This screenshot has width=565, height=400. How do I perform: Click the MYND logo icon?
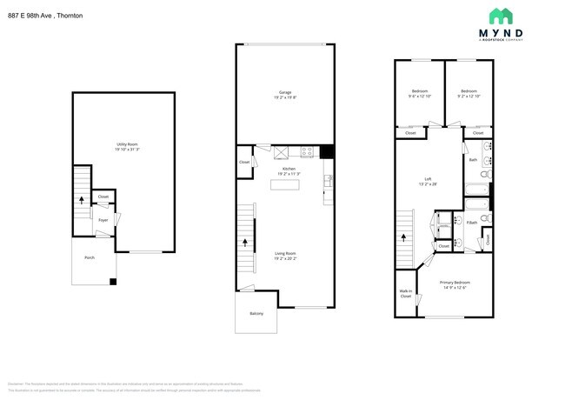pyautogui.click(x=501, y=16)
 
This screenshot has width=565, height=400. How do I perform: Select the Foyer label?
pyautogui.click(x=102, y=221)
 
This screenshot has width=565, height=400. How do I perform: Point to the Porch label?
pyautogui.click(x=89, y=258)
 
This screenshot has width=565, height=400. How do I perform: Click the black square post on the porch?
pyautogui.click(x=112, y=281)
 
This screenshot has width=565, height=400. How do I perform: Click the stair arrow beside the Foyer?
pyautogui.click(x=83, y=199)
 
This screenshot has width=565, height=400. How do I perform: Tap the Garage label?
pyautogui.click(x=284, y=93)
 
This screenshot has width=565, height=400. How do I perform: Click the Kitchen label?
pyautogui.click(x=288, y=170)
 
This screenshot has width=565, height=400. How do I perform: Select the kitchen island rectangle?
pyautogui.click(x=284, y=185)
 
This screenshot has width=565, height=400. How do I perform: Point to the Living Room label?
pyautogui.click(x=284, y=255)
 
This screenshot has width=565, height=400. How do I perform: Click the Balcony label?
pyautogui.click(x=256, y=314)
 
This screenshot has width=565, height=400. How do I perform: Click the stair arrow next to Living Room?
pyautogui.click(x=245, y=243)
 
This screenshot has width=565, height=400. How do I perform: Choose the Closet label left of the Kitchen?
pyautogui.click(x=244, y=162)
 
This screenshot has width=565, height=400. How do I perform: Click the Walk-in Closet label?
pyautogui.click(x=405, y=294)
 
